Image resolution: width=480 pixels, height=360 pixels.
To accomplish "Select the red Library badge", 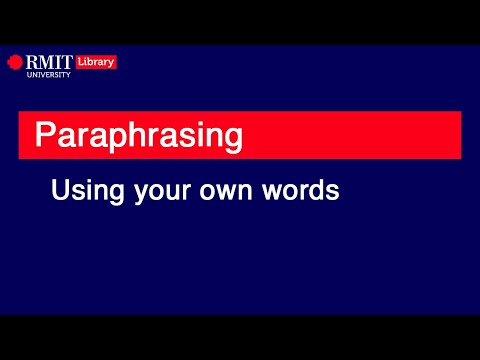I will pyautogui.click(x=95, y=62).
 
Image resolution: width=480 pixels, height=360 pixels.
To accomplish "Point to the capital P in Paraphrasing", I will pyautogui.click(x=44, y=134).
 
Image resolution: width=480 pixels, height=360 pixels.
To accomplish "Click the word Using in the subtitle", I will pyautogui.click(x=86, y=191).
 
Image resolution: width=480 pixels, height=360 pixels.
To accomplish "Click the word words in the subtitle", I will pyautogui.click(x=305, y=191).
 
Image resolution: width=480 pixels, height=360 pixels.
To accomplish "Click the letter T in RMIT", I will pyautogui.click(x=66, y=62).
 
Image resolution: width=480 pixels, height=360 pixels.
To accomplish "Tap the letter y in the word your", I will pyautogui.click(x=139, y=193).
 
